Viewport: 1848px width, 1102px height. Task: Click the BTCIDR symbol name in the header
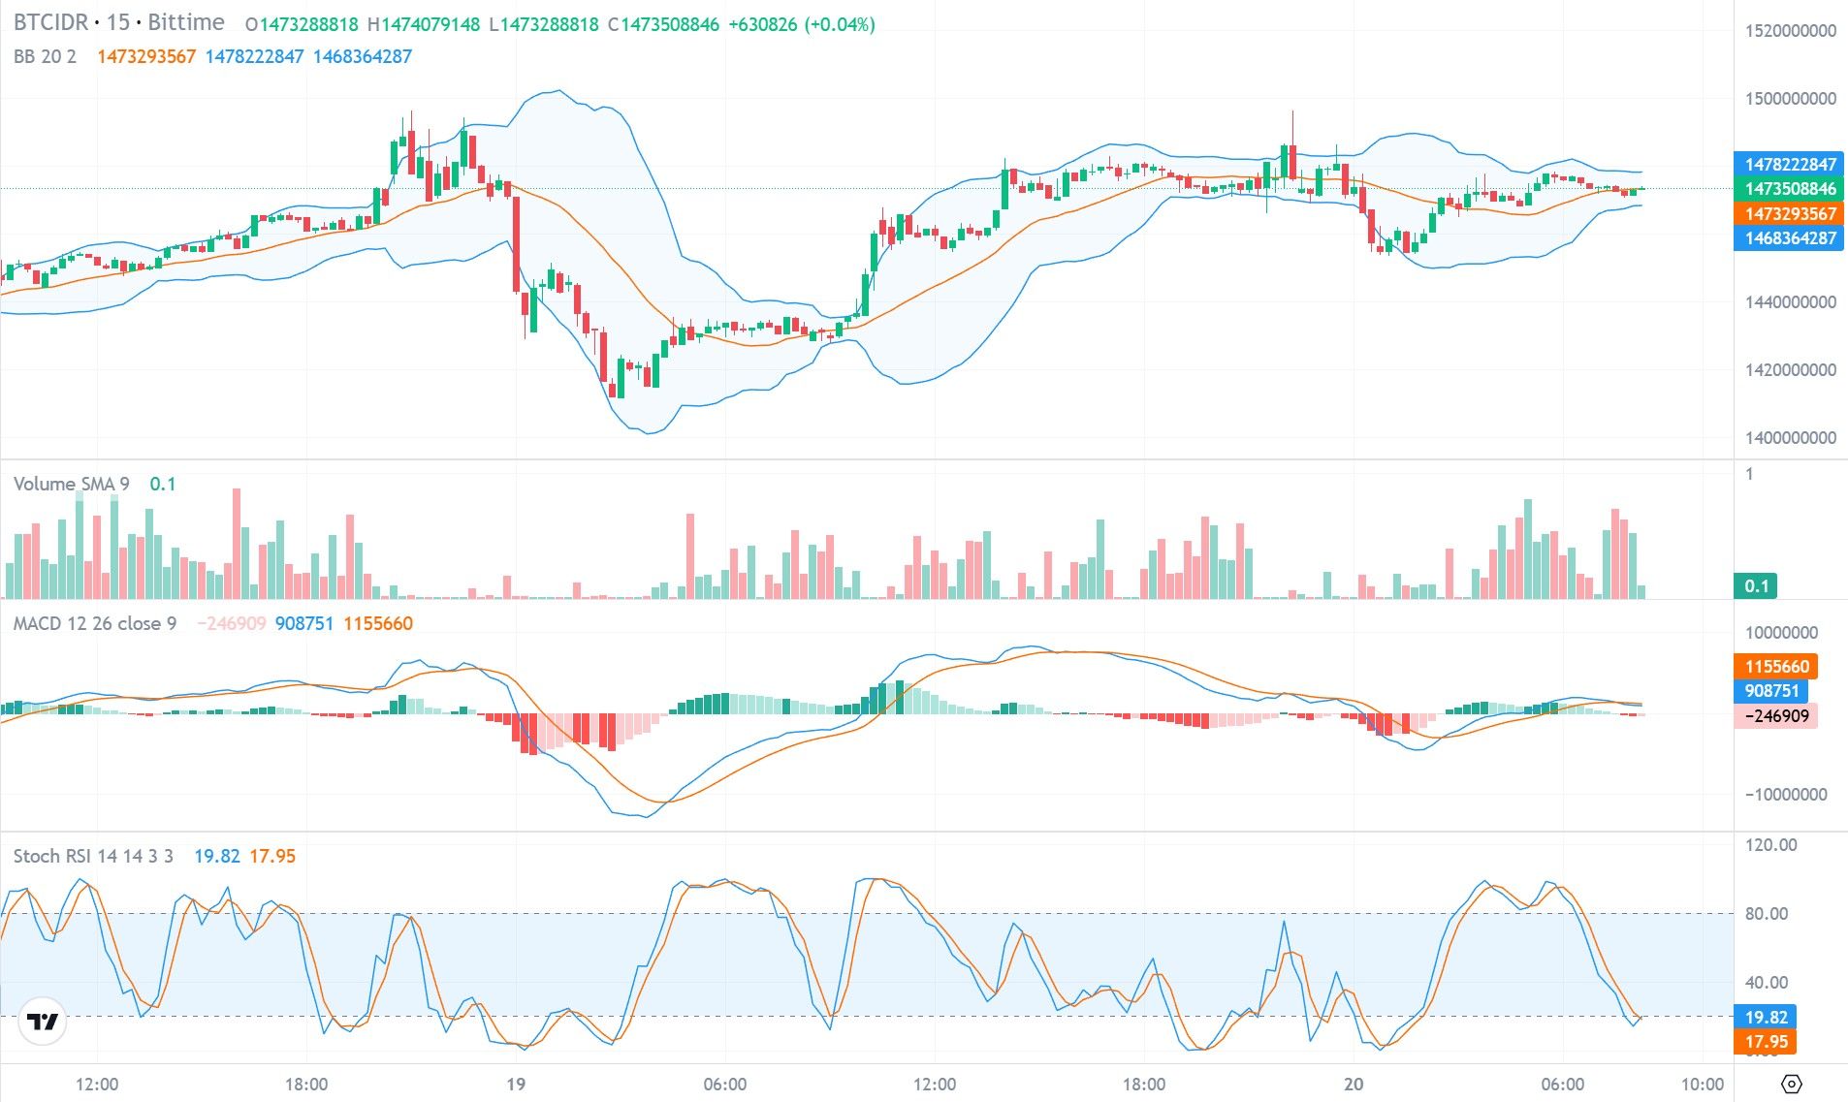[50, 22]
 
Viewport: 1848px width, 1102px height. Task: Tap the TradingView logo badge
[43, 1022]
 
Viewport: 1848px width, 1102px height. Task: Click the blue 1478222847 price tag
[1790, 165]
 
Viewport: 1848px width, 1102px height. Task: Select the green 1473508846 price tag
[1790, 189]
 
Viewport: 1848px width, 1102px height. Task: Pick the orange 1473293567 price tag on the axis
[1790, 214]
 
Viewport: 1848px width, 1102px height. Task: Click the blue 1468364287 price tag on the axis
[1790, 238]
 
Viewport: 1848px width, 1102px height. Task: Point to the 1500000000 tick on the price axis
[1790, 99]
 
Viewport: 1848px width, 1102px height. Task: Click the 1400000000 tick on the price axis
[1790, 438]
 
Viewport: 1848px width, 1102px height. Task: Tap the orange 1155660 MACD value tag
[1776, 667]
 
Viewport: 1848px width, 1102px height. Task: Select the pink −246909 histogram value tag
[1776, 716]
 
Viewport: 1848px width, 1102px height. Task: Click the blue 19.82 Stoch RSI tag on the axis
[1766, 1018]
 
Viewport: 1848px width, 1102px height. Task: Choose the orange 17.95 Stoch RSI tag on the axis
[1766, 1042]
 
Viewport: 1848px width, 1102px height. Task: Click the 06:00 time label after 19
[724, 1085]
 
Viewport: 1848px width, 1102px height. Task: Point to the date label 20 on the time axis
[1353, 1085]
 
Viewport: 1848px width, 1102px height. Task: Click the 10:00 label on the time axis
[1702, 1085]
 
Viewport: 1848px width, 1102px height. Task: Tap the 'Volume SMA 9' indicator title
[71, 484]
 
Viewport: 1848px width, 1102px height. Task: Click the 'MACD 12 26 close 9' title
[94, 623]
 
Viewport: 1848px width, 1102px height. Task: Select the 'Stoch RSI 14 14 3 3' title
[93, 856]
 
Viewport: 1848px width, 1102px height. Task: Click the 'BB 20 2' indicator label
[45, 56]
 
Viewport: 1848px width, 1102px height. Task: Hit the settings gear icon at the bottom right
[1791, 1084]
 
